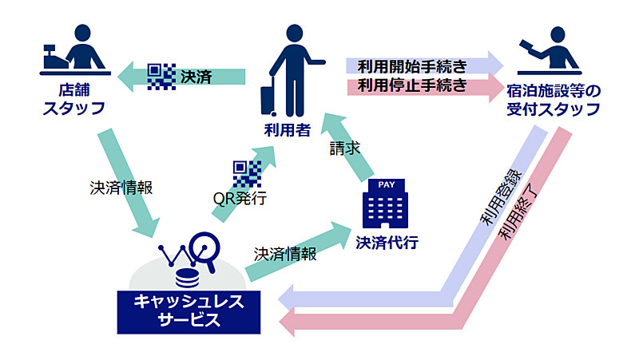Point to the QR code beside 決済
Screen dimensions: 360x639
(x=162, y=77)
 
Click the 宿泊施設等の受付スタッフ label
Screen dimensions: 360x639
(x=554, y=100)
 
